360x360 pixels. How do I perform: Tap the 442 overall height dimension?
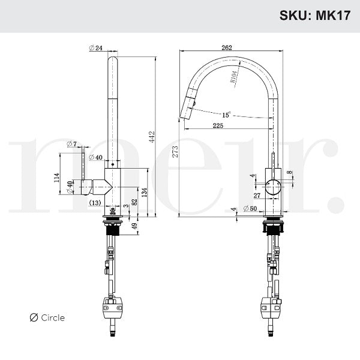pyautogui.click(x=152, y=137)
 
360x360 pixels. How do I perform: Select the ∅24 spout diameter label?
pyautogui.click(x=96, y=49)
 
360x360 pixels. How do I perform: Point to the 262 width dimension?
pyautogui.click(x=227, y=48)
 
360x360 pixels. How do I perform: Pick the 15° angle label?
pyautogui.click(x=226, y=115)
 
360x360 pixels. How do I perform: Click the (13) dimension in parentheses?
pyautogui.click(x=95, y=203)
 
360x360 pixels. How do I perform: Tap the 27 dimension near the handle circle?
pyautogui.click(x=257, y=196)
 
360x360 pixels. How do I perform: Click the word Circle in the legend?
pyautogui.click(x=53, y=318)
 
